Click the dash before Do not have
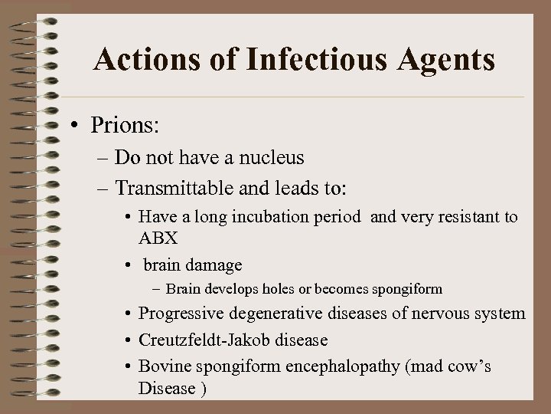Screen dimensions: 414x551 pos(103,159)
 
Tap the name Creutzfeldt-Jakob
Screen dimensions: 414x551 pos(206,340)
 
